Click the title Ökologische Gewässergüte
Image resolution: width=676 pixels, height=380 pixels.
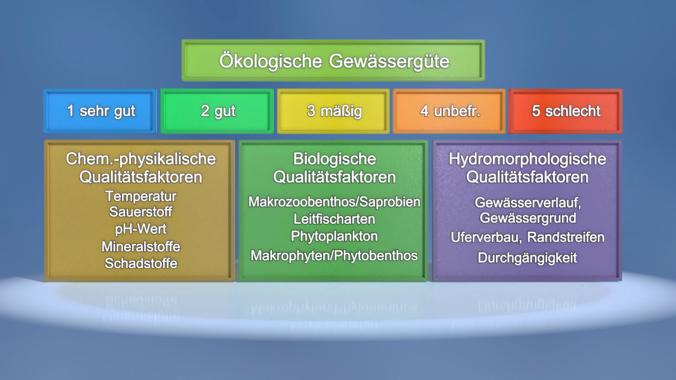coord(334,61)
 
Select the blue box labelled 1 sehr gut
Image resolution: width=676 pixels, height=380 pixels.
coord(100,111)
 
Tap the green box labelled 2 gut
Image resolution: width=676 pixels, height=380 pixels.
coord(218,111)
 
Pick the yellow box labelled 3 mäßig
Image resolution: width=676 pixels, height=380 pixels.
coord(334,111)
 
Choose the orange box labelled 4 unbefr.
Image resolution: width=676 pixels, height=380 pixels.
coord(450,111)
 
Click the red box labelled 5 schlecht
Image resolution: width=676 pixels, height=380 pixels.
coord(566,111)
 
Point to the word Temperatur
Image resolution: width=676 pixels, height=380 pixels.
coord(140,196)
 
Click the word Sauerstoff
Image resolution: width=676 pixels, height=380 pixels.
coord(140,212)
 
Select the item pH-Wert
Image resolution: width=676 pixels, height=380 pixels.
coord(140,229)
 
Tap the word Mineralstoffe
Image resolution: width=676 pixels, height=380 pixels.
coord(140,246)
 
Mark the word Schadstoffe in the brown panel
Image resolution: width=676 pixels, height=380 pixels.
coord(140,263)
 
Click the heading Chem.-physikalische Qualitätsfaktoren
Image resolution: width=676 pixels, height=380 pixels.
coord(140,168)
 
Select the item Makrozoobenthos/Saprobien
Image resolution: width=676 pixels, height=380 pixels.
coord(334,202)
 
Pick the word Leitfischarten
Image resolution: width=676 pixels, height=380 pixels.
coord(334,218)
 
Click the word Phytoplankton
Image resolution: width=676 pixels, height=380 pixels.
coord(334,236)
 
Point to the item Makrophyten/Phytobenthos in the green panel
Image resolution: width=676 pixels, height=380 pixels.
coord(334,256)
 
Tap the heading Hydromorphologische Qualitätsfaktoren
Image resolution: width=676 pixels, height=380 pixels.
coord(527,168)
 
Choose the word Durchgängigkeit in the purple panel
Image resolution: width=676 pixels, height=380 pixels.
coord(527,258)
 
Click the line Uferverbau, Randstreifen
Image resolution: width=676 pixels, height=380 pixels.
coord(527,237)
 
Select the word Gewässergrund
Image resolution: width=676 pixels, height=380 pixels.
coord(527,218)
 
